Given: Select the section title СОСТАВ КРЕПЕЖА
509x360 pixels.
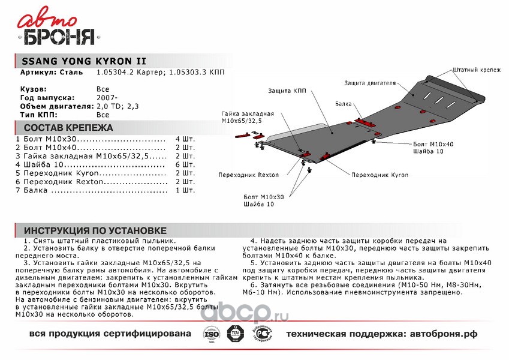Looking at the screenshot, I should click(x=68, y=128).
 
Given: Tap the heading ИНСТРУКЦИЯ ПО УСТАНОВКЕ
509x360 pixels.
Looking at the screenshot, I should click(x=95, y=231).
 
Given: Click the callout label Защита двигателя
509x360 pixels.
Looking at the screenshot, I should click(x=370, y=83).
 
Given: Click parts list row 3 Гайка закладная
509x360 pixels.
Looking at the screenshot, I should click(x=90, y=155).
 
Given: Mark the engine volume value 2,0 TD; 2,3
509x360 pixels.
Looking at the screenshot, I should click(x=118, y=106).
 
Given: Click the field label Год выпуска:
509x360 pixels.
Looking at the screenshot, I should click(x=47, y=97).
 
